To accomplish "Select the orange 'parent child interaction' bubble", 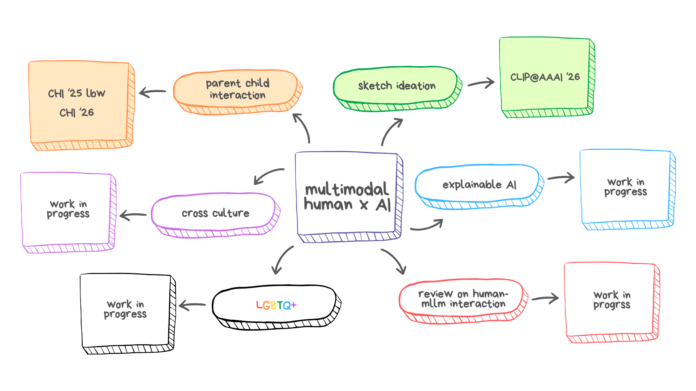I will [237, 89].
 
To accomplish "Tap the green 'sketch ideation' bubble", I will [397, 86].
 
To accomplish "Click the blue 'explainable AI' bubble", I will [479, 185].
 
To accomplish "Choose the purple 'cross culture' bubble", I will [215, 213].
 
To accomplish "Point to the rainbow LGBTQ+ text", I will [276, 305].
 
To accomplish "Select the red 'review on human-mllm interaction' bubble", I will [463, 299].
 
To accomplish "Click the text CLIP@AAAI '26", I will [545, 77].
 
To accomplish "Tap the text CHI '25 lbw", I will [76, 93].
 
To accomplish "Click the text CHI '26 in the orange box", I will [76, 113].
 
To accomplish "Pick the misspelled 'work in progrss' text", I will [612, 300].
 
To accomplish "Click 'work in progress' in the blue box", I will [626, 187].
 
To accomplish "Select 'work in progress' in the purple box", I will [68, 209].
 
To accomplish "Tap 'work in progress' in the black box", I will [125, 309].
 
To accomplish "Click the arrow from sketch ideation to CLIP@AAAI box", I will [481, 84].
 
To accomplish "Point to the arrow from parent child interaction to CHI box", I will [153, 92].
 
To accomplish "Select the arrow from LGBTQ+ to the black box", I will [192, 305].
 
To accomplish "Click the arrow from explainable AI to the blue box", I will [561, 177].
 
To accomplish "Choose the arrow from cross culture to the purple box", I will [133, 215].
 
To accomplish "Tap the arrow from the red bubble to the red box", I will [545, 298].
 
